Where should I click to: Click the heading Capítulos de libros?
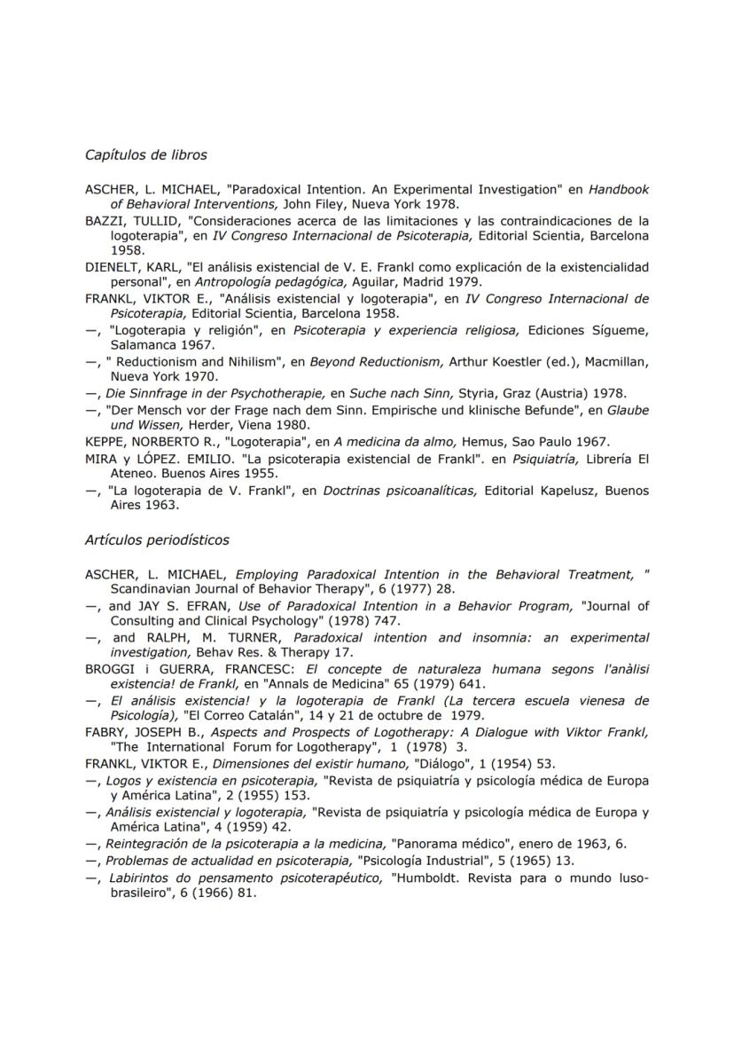[x=146, y=155]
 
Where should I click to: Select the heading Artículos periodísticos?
[x=157, y=539]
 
